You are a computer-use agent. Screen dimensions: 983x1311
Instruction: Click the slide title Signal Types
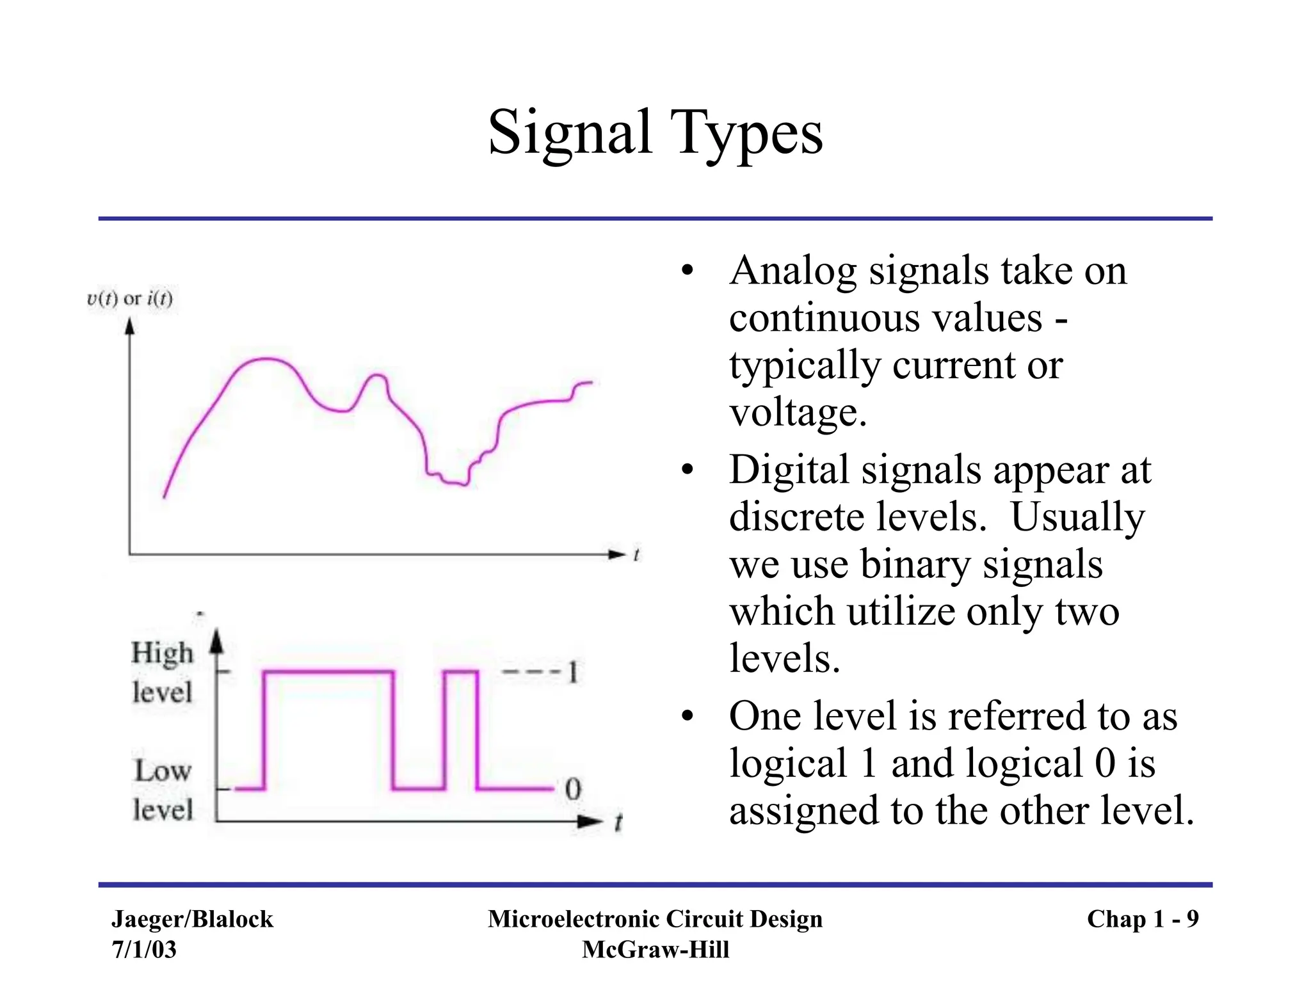[x=655, y=132]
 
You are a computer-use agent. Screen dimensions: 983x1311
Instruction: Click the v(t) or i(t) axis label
[x=130, y=298]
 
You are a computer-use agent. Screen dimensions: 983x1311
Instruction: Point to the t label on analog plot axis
[x=636, y=555]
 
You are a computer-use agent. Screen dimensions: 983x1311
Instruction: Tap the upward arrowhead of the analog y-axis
[x=130, y=327]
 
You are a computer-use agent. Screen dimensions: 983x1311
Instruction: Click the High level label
[x=162, y=672]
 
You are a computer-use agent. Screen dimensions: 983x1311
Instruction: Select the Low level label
[x=163, y=790]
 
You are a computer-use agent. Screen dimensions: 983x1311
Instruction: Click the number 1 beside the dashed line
[x=573, y=673]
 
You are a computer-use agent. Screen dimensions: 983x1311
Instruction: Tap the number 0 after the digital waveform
[x=573, y=789]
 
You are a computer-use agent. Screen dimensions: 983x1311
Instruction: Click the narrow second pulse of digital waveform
[x=461, y=672]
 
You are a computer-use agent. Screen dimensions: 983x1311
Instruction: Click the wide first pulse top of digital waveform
[x=328, y=671]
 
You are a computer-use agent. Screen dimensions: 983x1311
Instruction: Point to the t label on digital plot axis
[x=618, y=822]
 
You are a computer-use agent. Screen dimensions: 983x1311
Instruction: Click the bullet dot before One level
[x=688, y=716]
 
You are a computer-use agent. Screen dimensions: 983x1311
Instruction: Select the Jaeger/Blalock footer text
[x=192, y=919]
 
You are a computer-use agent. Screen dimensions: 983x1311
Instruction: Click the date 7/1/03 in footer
[x=144, y=949]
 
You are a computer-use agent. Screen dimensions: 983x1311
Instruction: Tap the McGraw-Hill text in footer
[x=655, y=949]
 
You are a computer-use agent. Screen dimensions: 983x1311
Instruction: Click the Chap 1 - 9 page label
[x=1143, y=919]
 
